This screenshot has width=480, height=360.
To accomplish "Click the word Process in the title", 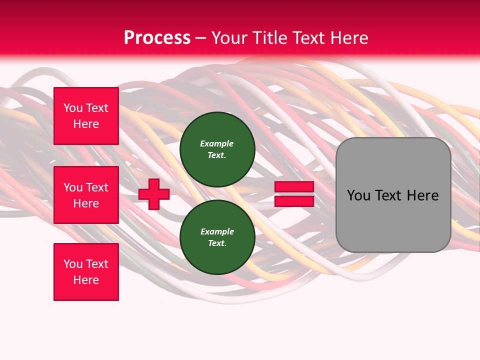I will [x=157, y=38].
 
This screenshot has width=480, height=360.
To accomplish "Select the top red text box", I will [x=86, y=116].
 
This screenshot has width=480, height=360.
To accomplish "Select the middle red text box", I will [x=86, y=195].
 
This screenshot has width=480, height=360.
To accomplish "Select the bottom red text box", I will [x=86, y=272].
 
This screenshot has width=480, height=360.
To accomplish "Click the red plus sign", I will [x=154, y=194].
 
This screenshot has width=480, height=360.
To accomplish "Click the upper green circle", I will [x=217, y=149].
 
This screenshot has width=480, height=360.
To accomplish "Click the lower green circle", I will [x=217, y=237].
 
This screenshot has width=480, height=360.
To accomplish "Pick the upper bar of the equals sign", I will [x=294, y=186].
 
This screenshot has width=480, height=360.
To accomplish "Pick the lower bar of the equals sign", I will [x=294, y=201].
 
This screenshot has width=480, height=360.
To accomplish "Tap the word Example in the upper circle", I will [x=217, y=143].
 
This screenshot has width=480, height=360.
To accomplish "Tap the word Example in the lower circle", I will [x=217, y=231].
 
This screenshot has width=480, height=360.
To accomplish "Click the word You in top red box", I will [x=73, y=108].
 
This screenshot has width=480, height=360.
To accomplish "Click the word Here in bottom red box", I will [x=86, y=280].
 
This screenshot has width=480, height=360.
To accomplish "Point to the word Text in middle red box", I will [x=97, y=187].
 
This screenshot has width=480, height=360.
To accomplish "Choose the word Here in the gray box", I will [x=422, y=195].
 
